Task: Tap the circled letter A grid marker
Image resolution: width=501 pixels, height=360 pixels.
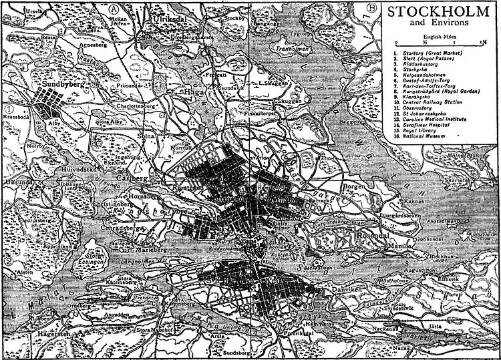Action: pyautogui.click(x=115, y=9)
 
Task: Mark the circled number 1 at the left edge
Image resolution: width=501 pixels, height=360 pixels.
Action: pyautogui.click(x=9, y=109)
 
